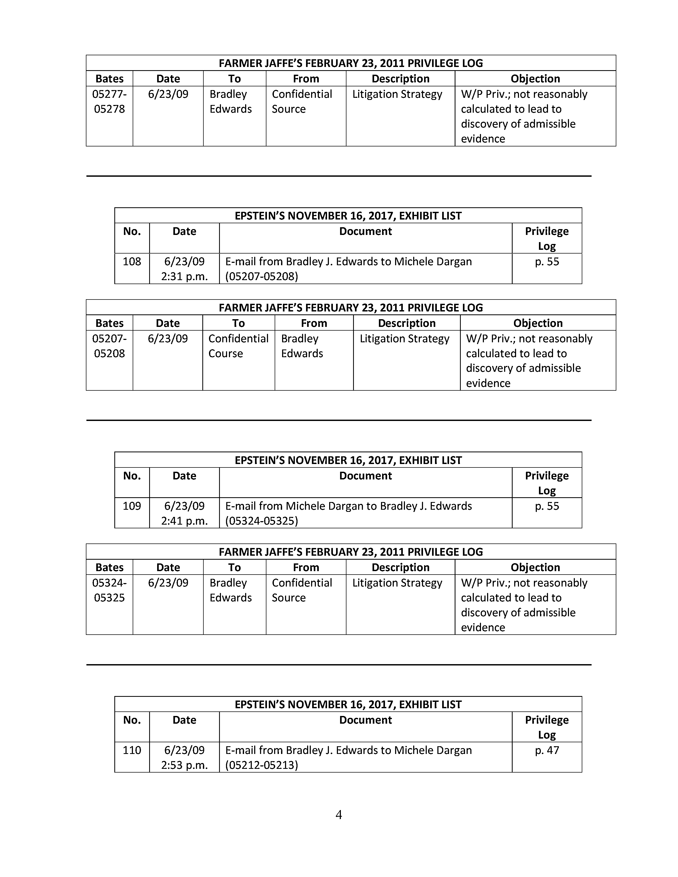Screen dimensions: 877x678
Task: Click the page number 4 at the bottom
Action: point(338,815)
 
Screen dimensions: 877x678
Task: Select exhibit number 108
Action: point(132,262)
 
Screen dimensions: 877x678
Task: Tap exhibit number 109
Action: point(132,506)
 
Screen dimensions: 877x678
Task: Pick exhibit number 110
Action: point(132,750)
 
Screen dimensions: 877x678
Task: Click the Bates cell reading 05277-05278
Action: point(109,101)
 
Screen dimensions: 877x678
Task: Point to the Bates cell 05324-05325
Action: point(109,590)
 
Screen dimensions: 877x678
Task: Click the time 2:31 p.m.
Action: point(184,276)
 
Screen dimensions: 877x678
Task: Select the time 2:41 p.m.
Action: point(184,521)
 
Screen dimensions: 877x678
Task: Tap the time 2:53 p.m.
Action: point(184,765)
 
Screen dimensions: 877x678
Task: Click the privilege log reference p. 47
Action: point(547,750)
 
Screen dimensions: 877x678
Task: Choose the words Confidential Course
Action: point(238,346)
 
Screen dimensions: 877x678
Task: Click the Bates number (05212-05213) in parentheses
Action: point(261,765)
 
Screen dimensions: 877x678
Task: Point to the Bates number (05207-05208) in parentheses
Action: point(261,276)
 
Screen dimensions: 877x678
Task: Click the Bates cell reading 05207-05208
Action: point(109,346)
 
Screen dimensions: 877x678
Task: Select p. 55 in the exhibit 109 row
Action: point(547,506)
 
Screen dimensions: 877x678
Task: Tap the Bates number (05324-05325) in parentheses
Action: point(261,521)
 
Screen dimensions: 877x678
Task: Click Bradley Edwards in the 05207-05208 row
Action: point(302,346)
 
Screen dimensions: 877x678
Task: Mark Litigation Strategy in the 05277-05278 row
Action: point(397,94)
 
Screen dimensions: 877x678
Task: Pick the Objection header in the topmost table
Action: point(535,79)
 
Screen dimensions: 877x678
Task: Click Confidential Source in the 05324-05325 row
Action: point(302,590)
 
